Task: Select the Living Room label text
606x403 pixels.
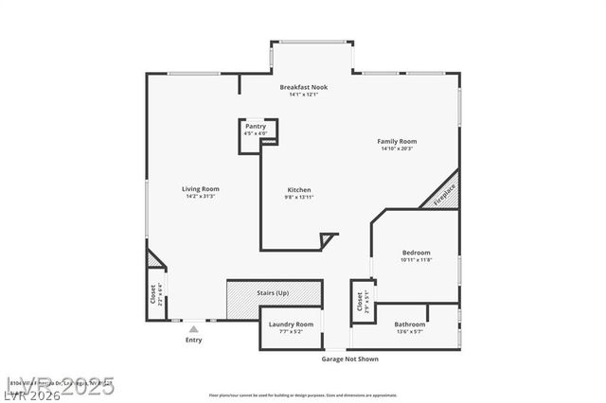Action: [x=201, y=188]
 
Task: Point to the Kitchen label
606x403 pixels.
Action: [x=299, y=189]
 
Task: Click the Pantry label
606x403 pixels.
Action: [x=256, y=126]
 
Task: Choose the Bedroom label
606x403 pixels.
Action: [x=416, y=253]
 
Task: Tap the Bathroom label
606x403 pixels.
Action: [x=410, y=324]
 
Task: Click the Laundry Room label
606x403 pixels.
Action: [x=291, y=324]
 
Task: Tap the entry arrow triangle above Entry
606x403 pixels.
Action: [x=193, y=328]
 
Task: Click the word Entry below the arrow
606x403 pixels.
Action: [x=193, y=340]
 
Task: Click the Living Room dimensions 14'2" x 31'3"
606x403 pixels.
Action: [x=201, y=196]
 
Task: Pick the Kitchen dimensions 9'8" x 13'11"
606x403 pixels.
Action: [x=299, y=197]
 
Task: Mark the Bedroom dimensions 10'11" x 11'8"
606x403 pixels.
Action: [x=416, y=260]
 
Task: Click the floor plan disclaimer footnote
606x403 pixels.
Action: [x=303, y=394]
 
